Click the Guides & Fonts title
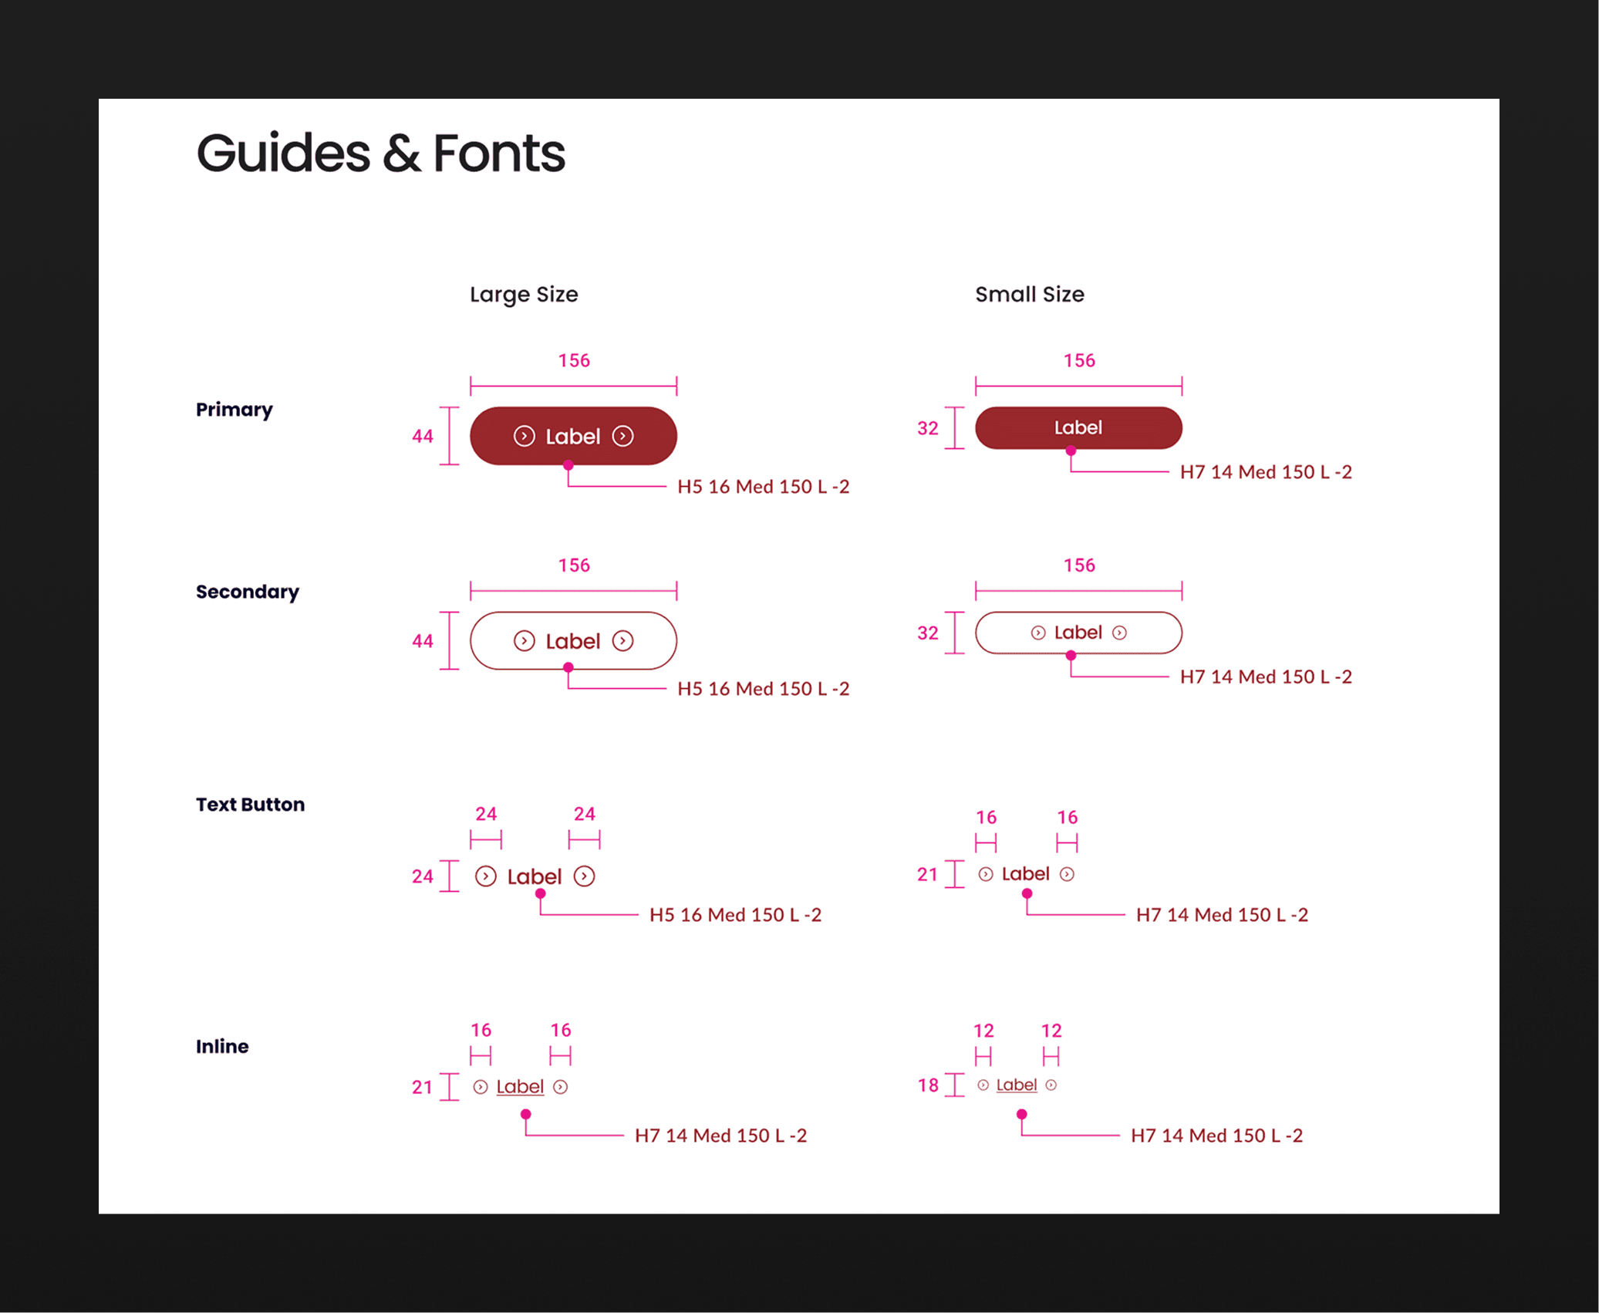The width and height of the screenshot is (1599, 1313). pyautogui.click(x=380, y=153)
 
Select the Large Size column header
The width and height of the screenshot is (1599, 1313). pyautogui.click(x=524, y=294)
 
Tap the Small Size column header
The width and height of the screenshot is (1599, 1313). pyautogui.click(x=1029, y=294)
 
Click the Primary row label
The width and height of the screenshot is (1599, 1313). pyautogui.click(x=234, y=410)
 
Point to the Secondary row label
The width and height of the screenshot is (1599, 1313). pyautogui.click(x=247, y=592)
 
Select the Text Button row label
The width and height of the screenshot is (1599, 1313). pyautogui.click(x=250, y=805)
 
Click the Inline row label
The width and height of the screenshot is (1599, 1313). pyautogui.click(x=222, y=1047)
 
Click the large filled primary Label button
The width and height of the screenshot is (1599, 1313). pyautogui.click(x=573, y=436)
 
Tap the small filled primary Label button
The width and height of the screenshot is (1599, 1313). pyautogui.click(x=1078, y=427)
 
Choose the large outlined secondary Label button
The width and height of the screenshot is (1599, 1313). pyautogui.click(x=573, y=641)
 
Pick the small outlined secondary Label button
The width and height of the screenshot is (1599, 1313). pyautogui.click(x=1078, y=633)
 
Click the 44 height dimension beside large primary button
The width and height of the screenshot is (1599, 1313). pyautogui.click(x=422, y=437)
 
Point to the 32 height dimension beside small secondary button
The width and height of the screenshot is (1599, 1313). pyautogui.click(x=927, y=633)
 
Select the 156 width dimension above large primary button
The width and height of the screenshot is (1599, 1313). pyautogui.click(x=574, y=360)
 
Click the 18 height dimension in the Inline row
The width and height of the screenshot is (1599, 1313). pyautogui.click(x=927, y=1085)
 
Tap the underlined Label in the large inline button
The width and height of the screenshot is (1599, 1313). pyautogui.click(x=520, y=1087)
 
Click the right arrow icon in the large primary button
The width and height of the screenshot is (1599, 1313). pyautogui.click(x=622, y=437)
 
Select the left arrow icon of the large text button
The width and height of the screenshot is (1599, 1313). pyautogui.click(x=486, y=876)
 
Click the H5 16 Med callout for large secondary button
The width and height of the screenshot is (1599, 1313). pyautogui.click(x=763, y=689)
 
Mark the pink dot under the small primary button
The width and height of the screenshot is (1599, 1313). pyautogui.click(x=1071, y=451)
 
